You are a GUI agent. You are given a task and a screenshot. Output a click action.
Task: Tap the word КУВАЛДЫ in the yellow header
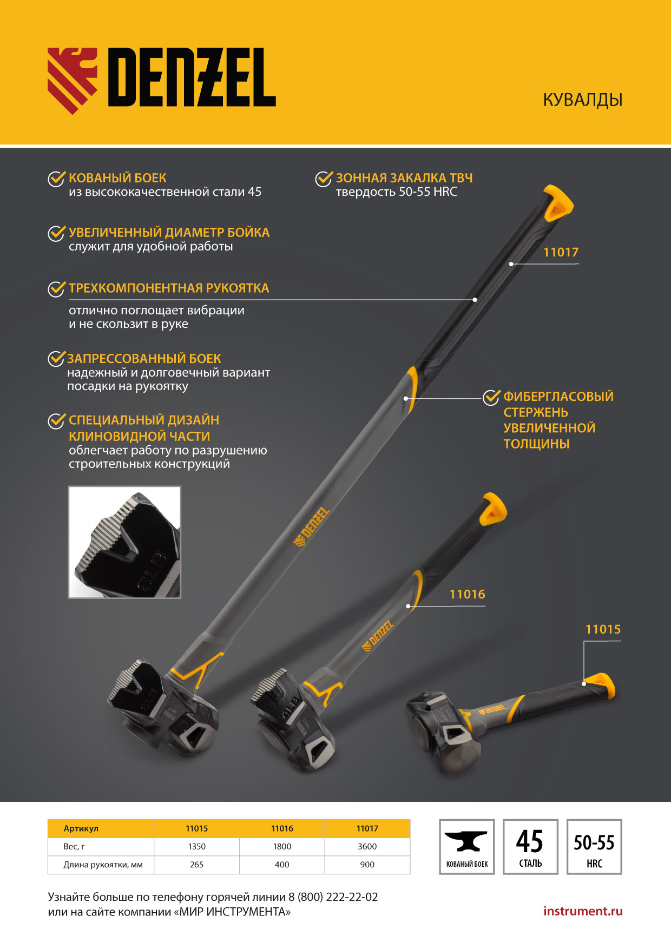point(583,100)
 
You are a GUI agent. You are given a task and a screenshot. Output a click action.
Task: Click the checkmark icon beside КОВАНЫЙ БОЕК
point(56,179)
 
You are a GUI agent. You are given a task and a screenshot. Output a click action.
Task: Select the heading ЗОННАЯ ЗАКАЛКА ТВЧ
point(404,178)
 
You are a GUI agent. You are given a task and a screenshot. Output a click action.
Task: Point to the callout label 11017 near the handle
point(561,252)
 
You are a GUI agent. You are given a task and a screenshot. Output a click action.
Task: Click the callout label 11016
point(467,594)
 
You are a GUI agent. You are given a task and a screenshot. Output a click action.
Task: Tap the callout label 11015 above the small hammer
point(603,629)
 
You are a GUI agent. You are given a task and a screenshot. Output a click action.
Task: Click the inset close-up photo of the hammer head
point(124,542)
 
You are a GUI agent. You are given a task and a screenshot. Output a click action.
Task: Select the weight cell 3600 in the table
point(367,846)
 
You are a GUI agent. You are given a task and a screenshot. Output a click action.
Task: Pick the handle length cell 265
point(197,865)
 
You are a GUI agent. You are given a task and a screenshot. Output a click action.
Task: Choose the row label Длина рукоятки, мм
point(103,865)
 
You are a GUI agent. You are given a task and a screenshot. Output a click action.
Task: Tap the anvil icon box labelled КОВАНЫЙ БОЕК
point(467,847)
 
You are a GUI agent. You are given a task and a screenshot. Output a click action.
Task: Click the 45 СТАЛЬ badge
point(530,847)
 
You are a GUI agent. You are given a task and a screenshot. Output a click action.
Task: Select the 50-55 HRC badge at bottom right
point(594,847)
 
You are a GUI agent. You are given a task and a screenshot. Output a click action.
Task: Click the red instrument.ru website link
point(583,911)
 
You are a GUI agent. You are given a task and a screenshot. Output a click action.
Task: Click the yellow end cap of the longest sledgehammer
point(558,203)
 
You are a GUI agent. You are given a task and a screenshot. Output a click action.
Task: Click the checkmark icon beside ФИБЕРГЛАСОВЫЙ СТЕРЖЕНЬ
point(491,397)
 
